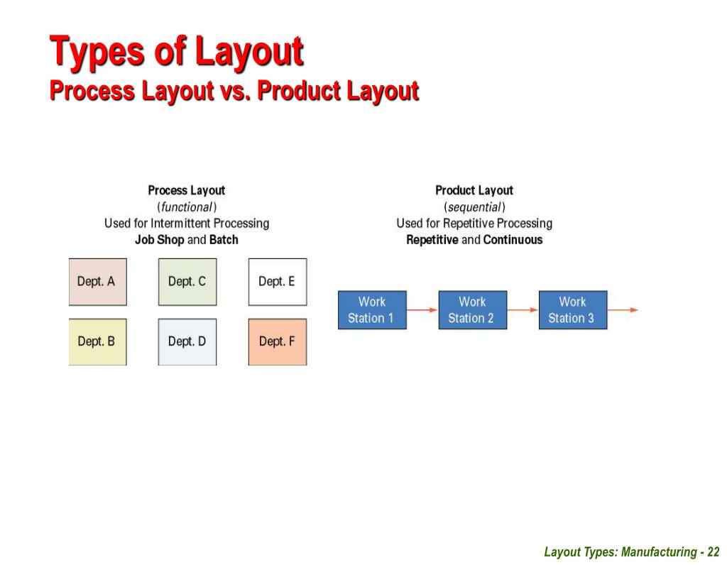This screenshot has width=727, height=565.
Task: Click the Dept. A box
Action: pyautogui.click(x=97, y=282)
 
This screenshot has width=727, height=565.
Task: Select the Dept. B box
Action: pyautogui.click(x=97, y=341)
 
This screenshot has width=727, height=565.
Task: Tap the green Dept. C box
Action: pyautogui.click(x=187, y=282)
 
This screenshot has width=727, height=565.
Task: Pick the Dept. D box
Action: pyautogui.click(x=187, y=341)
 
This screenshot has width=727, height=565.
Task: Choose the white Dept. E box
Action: pyautogui.click(x=278, y=282)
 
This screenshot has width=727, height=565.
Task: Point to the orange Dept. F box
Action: pyautogui.click(x=278, y=341)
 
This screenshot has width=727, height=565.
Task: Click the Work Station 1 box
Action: pyautogui.click(x=371, y=309)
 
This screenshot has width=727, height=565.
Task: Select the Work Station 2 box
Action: pyautogui.click(x=471, y=309)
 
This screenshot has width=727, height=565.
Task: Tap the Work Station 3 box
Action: pyautogui.click(x=572, y=309)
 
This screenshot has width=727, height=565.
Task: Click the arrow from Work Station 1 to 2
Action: pyautogui.click(x=422, y=309)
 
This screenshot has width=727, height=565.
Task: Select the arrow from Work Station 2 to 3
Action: pyautogui.click(x=522, y=309)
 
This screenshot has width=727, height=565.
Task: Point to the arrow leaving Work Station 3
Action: pyautogui.click(x=623, y=309)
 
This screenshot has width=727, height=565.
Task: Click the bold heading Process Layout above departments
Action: pyautogui.click(x=186, y=190)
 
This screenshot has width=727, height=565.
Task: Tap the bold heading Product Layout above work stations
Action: pyautogui.click(x=474, y=190)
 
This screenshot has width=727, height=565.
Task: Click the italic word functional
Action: pyautogui.click(x=187, y=207)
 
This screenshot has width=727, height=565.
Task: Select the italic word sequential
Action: pyautogui.click(x=474, y=207)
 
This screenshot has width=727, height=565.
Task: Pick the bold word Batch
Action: pyautogui.click(x=224, y=240)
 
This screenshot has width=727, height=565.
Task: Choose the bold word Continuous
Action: pyautogui.click(x=513, y=240)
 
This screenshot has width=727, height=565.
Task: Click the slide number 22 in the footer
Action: pyautogui.click(x=714, y=552)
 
